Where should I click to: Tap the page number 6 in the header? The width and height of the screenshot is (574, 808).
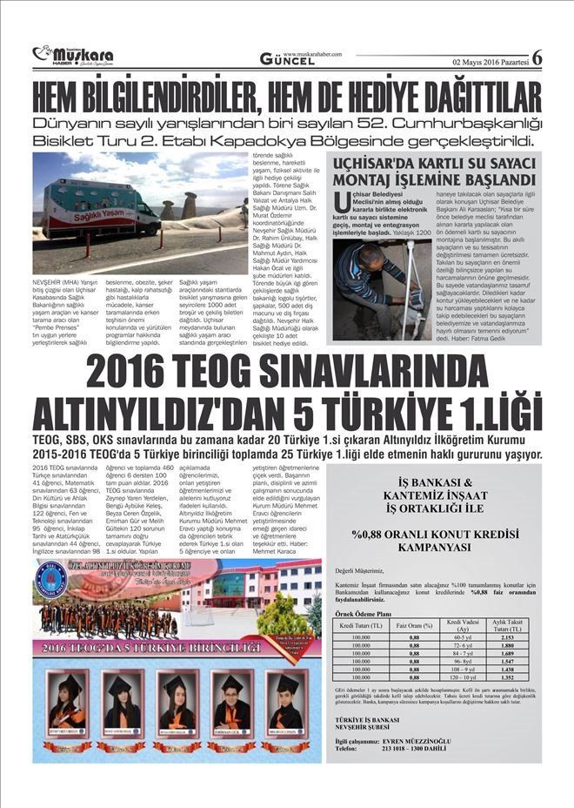(537, 57)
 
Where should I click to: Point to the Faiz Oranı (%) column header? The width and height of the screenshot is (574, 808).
(414, 625)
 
